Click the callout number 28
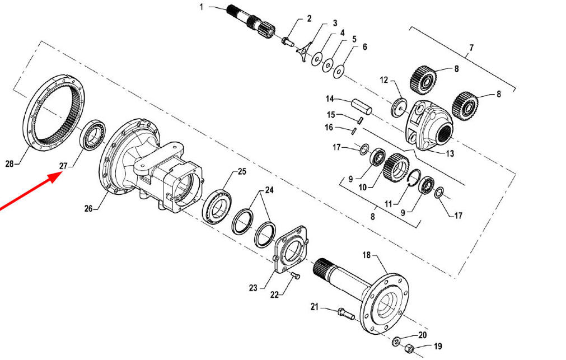pyautogui.click(x=10, y=164)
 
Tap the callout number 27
pyautogui.click(x=63, y=166)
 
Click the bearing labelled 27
pyautogui.click(x=92, y=134)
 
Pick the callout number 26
pyautogui.click(x=89, y=208)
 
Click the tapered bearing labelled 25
pyautogui.click(x=217, y=206)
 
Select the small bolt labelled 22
pyautogui.click(x=295, y=276)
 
